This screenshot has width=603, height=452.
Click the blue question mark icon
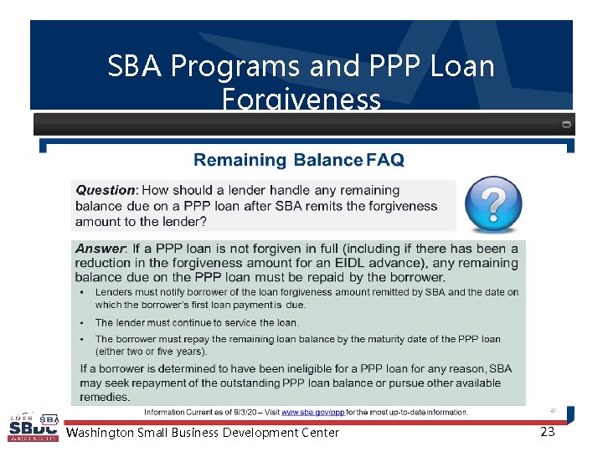pyautogui.click(x=493, y=204)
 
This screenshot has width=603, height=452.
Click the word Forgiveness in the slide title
pyautogui.click(x=301, y=100)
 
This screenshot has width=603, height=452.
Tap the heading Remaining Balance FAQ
pyautogui.click(x=299, y=160)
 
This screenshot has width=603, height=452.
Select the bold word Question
pyautogui.click(x=106, y=191)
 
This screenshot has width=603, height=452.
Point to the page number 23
pyautogui.click(x=548, y=432)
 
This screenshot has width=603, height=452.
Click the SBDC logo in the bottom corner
pyautogui.click(x=33, y=428)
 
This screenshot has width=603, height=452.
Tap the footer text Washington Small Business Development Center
pyautogui.click(x=203, y=433)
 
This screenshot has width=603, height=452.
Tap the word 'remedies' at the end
pyautogui.click(x=105, y=397)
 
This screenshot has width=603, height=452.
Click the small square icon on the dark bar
pyautogui.click(x=566, y=125)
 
